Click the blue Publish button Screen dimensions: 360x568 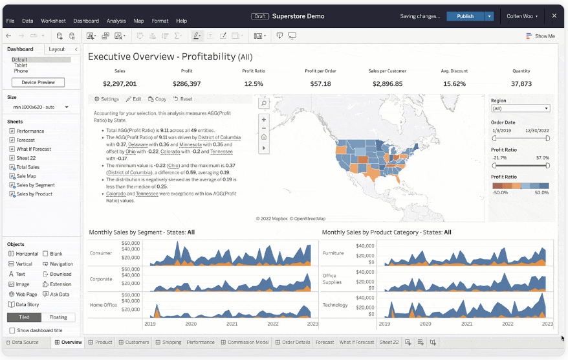point(465,16)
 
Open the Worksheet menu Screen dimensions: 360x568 point(53,21)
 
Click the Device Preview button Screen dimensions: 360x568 point(38,82)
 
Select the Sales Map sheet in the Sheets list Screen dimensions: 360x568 point(26,176)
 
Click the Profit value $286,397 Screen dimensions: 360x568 point(187,84)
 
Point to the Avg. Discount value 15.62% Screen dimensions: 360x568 point(454,84)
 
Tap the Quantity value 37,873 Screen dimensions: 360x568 point(521,84)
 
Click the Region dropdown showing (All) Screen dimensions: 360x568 point(520,109)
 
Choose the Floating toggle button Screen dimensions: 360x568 point(58,317)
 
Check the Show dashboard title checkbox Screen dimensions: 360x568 point(12,330)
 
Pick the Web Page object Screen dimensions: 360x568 point(26,294)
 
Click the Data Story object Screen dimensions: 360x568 point(27,304)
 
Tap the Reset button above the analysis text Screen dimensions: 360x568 point(183,99)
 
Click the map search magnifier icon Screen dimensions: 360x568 point(263,103)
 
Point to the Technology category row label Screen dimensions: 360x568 point(335,305)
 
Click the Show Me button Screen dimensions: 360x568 point(541,36)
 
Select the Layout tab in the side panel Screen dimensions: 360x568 point(57,49)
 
